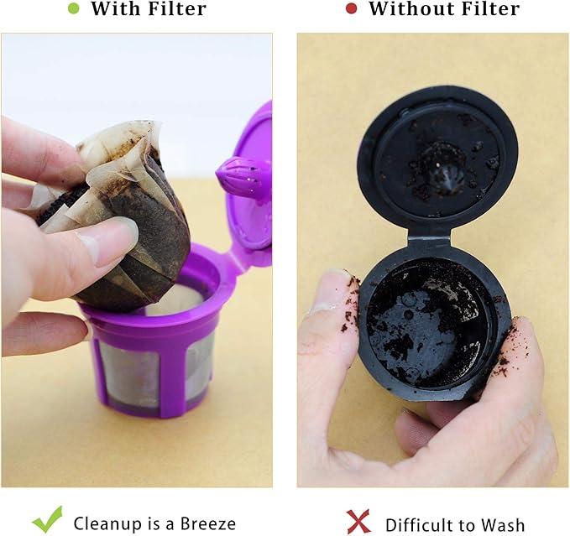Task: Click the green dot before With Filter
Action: [x=74, y=9]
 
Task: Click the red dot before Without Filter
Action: [x=351, y=9]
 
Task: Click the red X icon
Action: [x=358, y=521]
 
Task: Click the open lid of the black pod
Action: [x=437, y=155]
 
